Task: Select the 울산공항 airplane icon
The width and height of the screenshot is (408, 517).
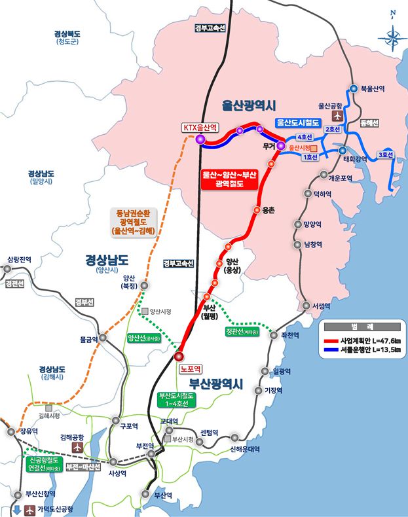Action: (338, 116)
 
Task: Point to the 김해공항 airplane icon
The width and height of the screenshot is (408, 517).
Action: (78, 448)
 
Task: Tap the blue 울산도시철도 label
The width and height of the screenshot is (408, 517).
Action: (297, 122)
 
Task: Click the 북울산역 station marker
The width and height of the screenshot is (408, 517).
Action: (354, 89)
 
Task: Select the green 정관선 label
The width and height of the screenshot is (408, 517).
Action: (242, 331)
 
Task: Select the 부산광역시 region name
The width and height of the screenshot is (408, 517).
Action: (216, 383)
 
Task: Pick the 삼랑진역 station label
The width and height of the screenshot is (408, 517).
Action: (18, 259)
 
